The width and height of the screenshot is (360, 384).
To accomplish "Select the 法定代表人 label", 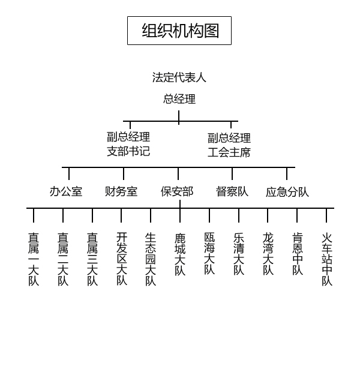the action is pos(179,77).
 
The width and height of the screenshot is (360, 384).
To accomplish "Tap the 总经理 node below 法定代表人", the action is pos(179,99).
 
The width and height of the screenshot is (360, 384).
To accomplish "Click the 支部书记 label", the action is pos(128,151).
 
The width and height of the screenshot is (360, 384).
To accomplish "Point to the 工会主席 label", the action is pos(229,152).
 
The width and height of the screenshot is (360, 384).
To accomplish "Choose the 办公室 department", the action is pos(66,191).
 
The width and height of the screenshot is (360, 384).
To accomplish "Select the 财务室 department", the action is pos(121,191).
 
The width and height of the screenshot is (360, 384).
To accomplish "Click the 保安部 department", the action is pos(177,191).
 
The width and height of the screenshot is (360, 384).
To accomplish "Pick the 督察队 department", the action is pos(232,191).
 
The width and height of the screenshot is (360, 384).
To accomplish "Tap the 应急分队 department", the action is pos(287,192).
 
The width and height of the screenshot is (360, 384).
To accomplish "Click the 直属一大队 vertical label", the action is pos(34,259).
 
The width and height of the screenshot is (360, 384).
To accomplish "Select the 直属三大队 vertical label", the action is pos(92,259).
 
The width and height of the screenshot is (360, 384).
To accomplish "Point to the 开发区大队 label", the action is pos(122,259).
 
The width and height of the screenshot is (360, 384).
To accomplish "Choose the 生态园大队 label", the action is pos(151,259).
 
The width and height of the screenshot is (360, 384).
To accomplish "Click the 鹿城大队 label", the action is pos(180,254).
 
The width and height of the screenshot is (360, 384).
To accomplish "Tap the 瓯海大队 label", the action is pos(209,253).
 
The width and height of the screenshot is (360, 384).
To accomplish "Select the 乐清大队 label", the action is pos(239,254).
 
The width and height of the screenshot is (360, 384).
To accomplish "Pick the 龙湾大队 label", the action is pos(268,254).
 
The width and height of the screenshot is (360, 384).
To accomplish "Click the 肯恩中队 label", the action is pos(298,254).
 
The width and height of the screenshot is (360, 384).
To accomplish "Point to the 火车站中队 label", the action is pos(327,259).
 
